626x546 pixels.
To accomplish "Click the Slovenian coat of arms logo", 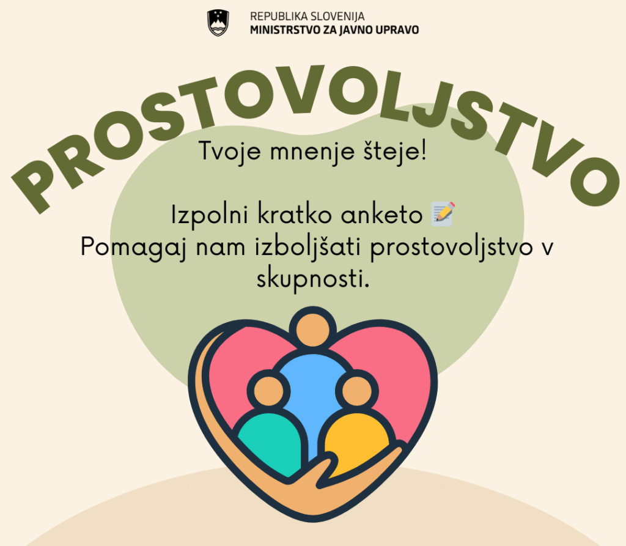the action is [218, 23].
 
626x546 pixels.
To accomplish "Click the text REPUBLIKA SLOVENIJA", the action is [307, 17].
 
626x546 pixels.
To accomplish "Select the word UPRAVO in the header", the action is [397, 30].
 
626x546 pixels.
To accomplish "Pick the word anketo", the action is [381, 215].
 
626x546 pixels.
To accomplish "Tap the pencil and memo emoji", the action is [443, 213].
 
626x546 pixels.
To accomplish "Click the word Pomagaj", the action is [134, 247].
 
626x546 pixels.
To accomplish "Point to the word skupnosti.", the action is [312, 279].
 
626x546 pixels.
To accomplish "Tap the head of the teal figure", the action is [268, 390].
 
